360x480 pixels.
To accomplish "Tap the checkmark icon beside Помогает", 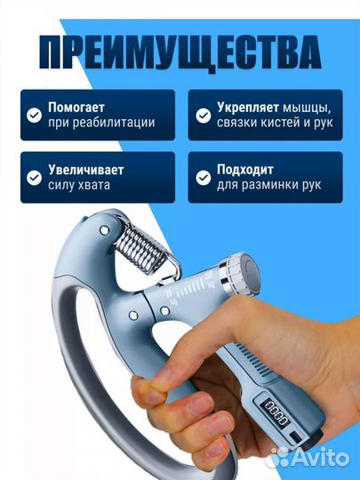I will [33, 115].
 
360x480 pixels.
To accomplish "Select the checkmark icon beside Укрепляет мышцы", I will [204, 115].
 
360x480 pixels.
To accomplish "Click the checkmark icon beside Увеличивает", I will [33, 177].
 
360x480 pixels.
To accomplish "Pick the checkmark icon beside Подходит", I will [204, 177].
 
